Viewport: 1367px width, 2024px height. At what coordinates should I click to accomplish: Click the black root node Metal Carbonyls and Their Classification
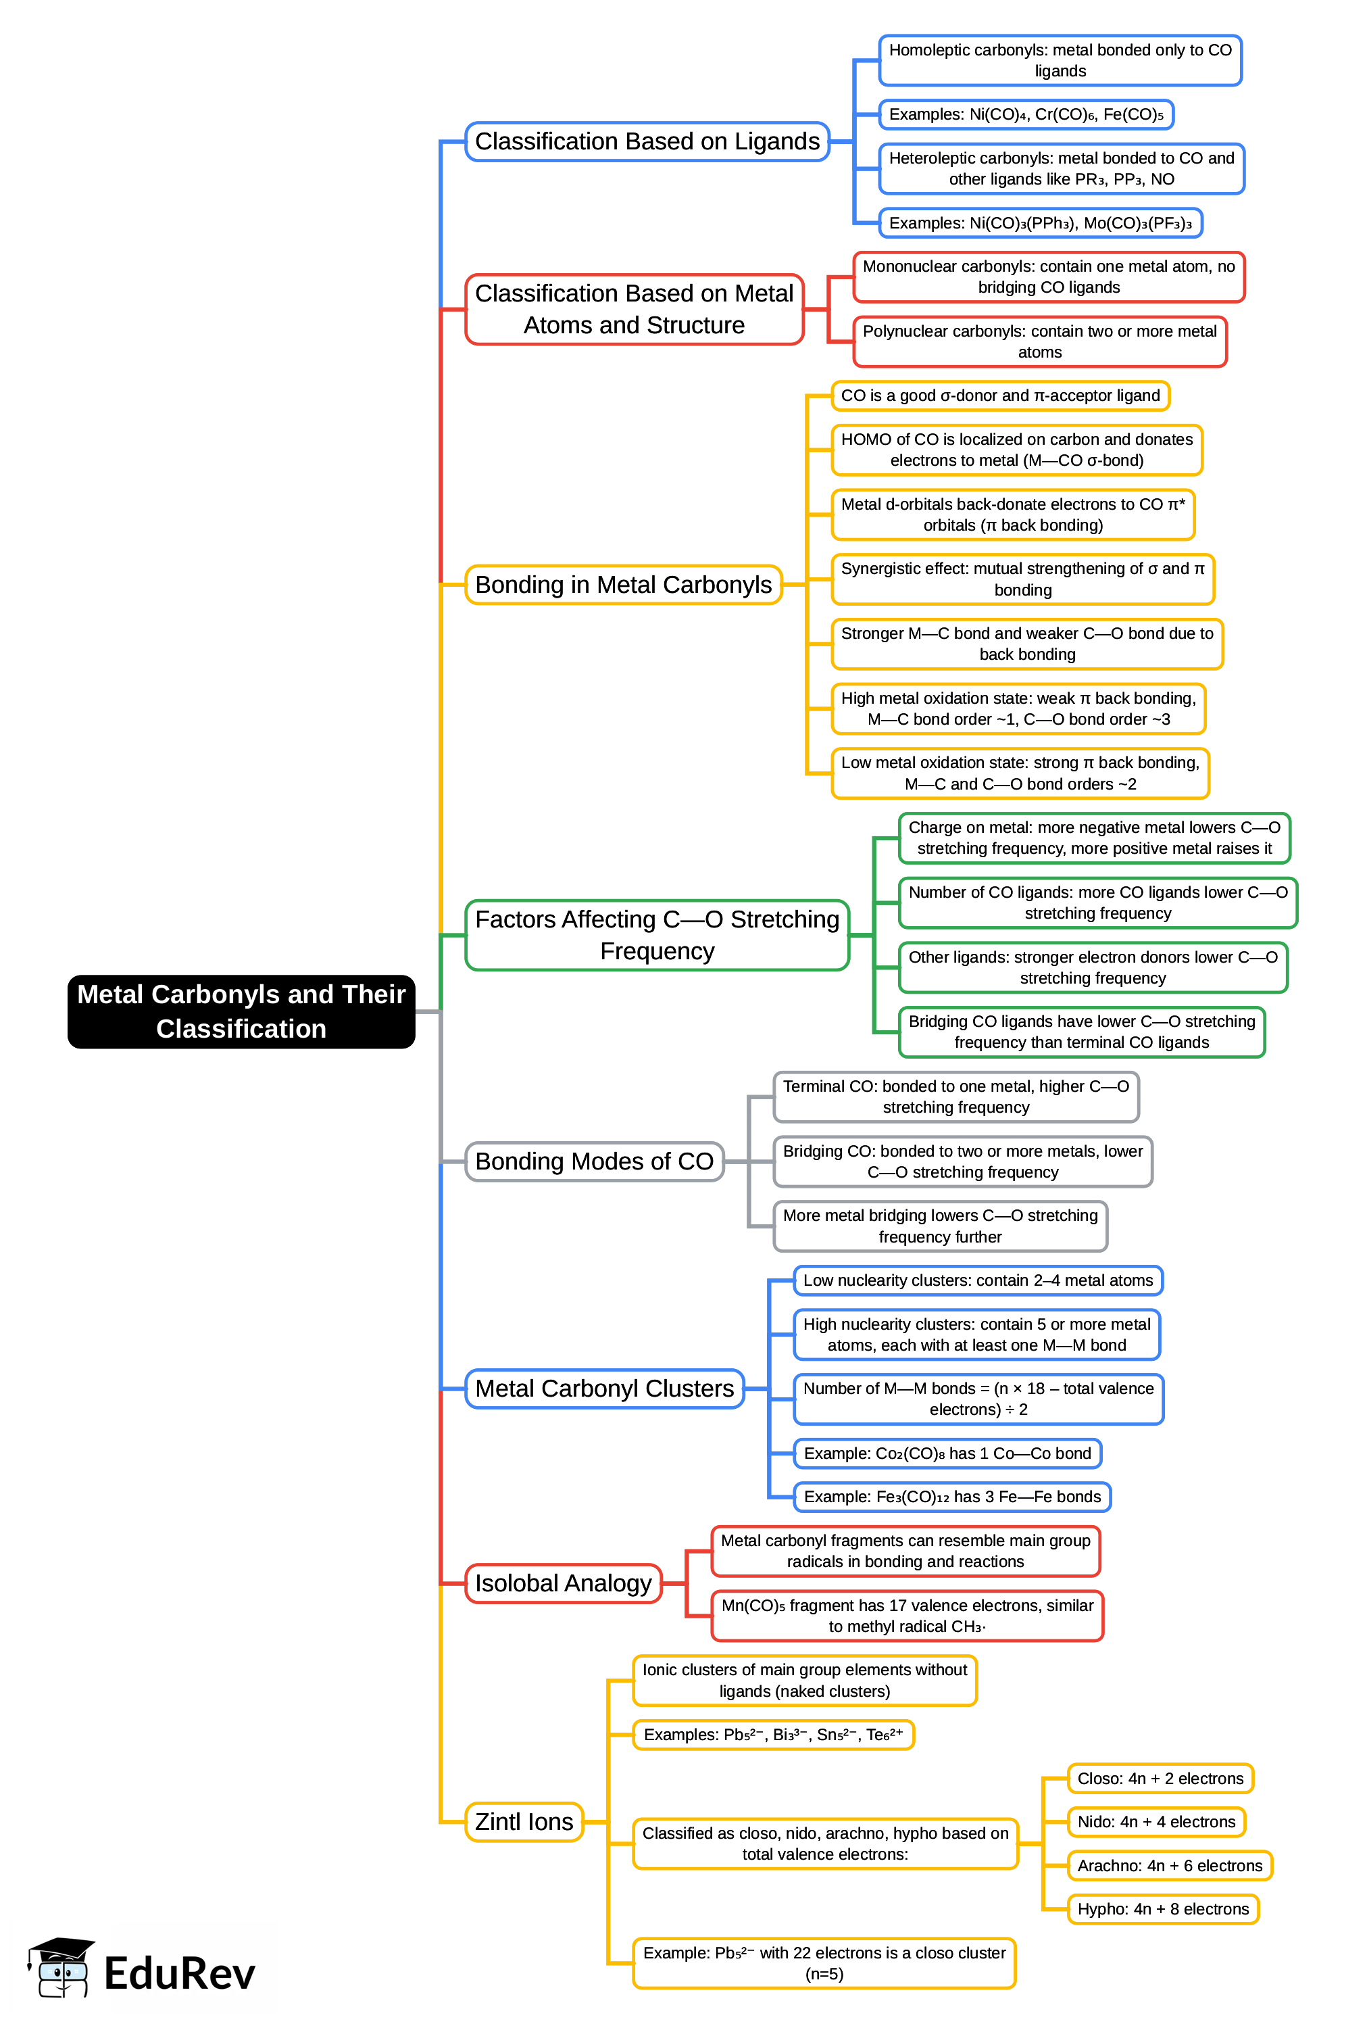tap(241, 1011)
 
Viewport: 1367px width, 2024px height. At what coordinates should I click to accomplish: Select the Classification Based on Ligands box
tap(646, 141)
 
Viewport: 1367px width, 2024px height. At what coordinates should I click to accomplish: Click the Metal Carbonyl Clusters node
tap(604, 1389)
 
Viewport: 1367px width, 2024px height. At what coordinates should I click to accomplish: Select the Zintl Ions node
tap(523, 1821)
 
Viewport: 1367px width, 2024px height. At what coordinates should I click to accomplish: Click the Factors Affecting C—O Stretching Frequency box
tap(657, 934)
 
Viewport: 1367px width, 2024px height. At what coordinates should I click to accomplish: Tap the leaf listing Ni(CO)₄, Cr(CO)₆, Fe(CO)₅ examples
tap(1025, 114)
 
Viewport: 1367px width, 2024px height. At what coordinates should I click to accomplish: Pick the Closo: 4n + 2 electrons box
tap(1159, 1779)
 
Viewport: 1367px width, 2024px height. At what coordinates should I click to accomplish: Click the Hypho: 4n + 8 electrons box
tap(1162, 1909)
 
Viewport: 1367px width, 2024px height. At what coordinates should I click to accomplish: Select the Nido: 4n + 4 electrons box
tap(1155, 1822)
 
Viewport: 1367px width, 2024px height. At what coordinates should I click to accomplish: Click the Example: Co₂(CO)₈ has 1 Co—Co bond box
tap(947, 1453)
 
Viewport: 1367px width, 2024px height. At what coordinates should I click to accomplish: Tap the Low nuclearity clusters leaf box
tap(977, 1280)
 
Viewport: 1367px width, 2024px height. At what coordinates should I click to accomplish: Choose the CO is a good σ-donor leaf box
tap(999, 395)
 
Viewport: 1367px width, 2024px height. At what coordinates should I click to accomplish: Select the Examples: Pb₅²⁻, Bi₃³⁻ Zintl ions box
tap(772, 1735)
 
